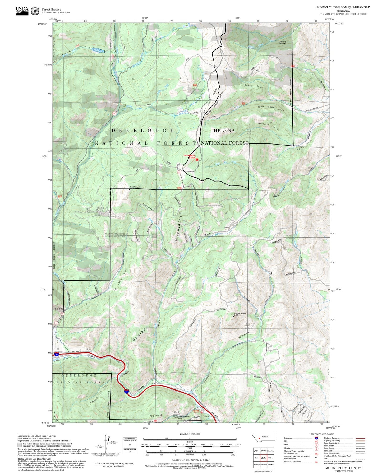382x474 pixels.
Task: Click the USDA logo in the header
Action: pyautogui.click(x=22, y=10)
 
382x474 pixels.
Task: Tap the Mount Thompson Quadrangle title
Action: pyautogui.click(x=343, y=7)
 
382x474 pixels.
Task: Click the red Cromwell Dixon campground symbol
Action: pyautogui.click(x=197, y=160)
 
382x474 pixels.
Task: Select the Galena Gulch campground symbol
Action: pyautogui.click(x=202, y=412)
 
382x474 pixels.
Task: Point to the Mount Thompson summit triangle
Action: pyautogui.click(x=129, y=189)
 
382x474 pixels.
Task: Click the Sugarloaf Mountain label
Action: pyautogui.click(x=240, y=314)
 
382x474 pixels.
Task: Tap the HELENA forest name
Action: pyautogui.click(x=224, y=130)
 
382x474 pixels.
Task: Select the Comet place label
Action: pyautogui.click(x=227, y=227)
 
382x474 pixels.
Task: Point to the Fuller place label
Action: pyautogui.click(x=152, y=384)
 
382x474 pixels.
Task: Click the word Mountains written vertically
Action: pyautogui.click(x=178, y=229)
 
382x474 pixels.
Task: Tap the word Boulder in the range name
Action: pyautogui.click(x=140, y=334)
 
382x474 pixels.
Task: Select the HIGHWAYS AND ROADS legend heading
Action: pyautogui.click(x=322, y=434)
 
